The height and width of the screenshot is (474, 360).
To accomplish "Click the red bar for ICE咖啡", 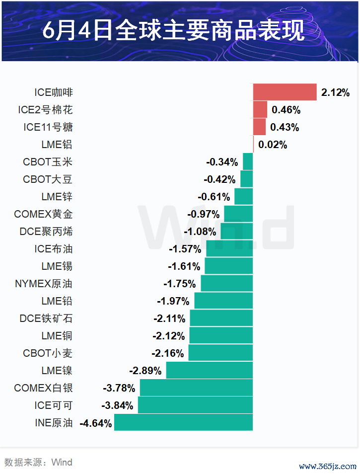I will (x=285, y=92).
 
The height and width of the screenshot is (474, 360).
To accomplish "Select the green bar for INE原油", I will (x=183, y=423).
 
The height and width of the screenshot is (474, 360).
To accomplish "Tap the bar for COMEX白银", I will (x=196, y=388).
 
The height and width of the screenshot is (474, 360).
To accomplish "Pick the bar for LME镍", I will (x=209, y=371).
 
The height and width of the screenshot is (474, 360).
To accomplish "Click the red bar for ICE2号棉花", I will (x=260, y=110).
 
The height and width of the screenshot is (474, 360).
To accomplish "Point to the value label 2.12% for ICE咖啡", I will (x=336, y=92).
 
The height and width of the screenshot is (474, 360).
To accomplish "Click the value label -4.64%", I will (x=96, y=423).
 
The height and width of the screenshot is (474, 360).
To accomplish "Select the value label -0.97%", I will (x=204, y=215).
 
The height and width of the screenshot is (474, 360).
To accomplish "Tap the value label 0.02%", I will (x=273, y=145).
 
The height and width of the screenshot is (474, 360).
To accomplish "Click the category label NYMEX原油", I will (x=44, y=284).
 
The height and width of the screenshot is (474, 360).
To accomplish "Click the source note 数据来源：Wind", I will (x=38, y=463).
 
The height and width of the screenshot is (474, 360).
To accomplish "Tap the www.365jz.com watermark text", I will (x=328, y=467).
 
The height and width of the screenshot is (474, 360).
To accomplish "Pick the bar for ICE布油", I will (x=229, y=249).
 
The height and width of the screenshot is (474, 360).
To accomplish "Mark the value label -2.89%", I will (x=145, y=371).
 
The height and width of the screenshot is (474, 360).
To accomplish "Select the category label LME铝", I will (x=57, y=145).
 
